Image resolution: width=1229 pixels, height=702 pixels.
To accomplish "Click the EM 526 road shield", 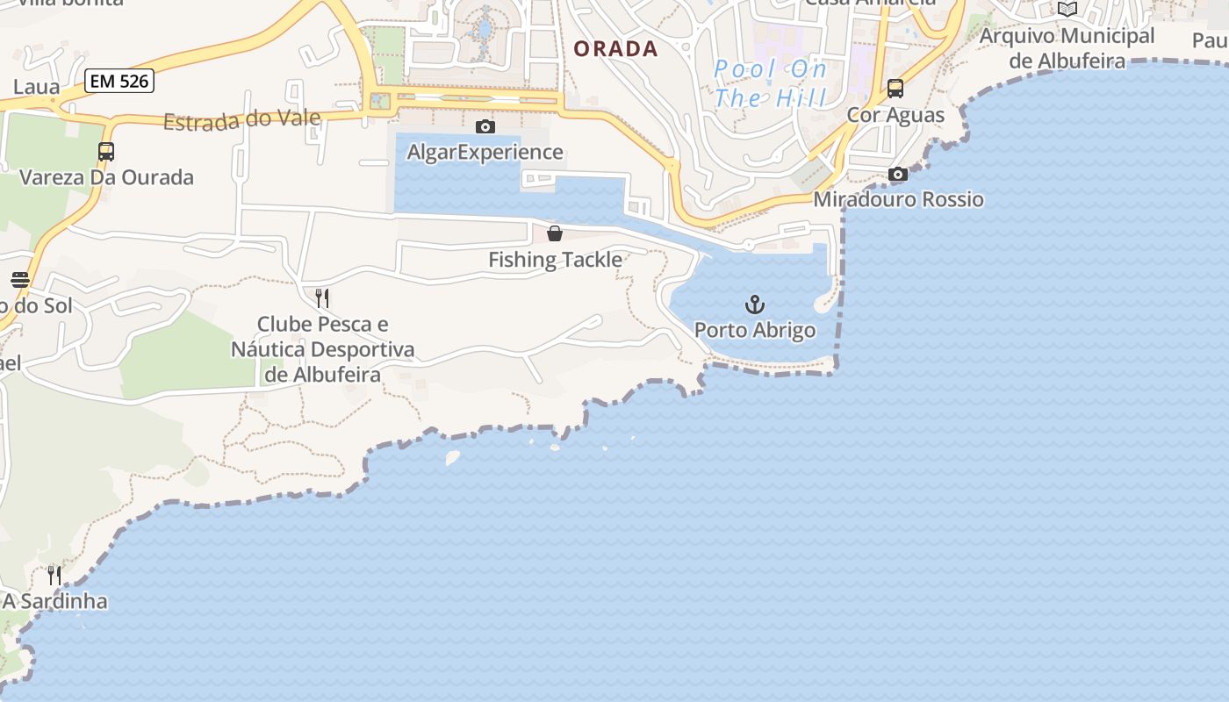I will click(120, 82).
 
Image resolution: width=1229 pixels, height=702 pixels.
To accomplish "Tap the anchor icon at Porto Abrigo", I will click(755, 305).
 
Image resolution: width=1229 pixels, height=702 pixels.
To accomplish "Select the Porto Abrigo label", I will click(755, 331).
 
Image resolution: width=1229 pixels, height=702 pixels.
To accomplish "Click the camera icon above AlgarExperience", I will click(485, 127).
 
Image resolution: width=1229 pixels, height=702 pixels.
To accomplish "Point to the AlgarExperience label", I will click(485, 153).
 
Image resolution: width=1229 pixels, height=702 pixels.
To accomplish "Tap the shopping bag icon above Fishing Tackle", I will click(555, 233).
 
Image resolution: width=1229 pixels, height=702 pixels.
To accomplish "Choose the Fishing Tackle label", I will click(555, 260).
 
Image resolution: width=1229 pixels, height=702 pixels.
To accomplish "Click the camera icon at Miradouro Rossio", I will click(897, 175).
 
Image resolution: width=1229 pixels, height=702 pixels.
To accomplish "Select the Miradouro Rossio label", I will click(898, 200).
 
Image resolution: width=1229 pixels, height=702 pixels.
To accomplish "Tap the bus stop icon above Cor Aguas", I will click(895, 89).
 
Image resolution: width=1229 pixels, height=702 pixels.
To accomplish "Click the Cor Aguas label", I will click(895, 115).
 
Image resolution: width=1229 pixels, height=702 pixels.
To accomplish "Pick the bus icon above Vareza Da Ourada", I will click(106, 152).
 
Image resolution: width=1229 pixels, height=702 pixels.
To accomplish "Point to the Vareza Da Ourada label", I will click(106, 177).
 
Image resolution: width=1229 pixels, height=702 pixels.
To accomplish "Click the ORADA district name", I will click(615, 49).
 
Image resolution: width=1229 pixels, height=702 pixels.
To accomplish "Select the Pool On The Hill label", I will click(770, 82).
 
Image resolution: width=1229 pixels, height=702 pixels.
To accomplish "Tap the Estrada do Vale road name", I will click(241, 118).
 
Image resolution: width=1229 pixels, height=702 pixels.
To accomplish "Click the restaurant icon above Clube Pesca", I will click(322, 298).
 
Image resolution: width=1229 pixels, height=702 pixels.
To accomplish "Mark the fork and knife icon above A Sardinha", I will click(54, 576).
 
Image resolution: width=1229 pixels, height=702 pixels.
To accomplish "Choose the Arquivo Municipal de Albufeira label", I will click(1067, 48).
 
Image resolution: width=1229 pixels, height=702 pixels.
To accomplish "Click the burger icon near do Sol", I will click(20, 280).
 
